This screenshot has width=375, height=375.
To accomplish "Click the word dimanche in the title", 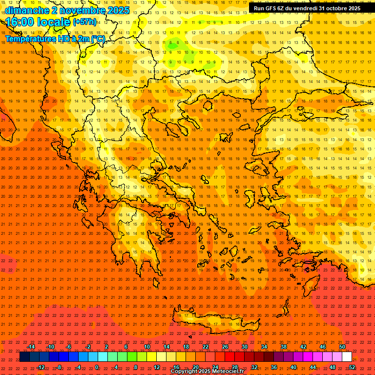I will click(27, 10).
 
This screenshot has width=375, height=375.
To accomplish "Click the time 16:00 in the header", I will click(21, 22).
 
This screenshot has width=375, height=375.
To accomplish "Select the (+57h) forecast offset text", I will click(84, 22).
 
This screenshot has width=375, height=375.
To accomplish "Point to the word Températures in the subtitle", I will click(28, 38).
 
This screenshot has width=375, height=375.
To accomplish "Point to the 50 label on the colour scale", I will click(342, 347).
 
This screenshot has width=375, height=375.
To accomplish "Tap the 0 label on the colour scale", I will click(97, 367).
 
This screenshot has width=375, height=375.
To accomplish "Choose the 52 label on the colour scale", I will click(352, 367).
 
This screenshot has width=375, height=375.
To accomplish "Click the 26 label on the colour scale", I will click(225, 347).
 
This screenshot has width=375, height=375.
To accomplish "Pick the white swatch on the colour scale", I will click(347, 357).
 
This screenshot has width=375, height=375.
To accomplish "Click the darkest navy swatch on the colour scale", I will click(24, 357).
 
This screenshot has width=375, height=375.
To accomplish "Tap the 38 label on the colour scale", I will click(284, 347).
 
